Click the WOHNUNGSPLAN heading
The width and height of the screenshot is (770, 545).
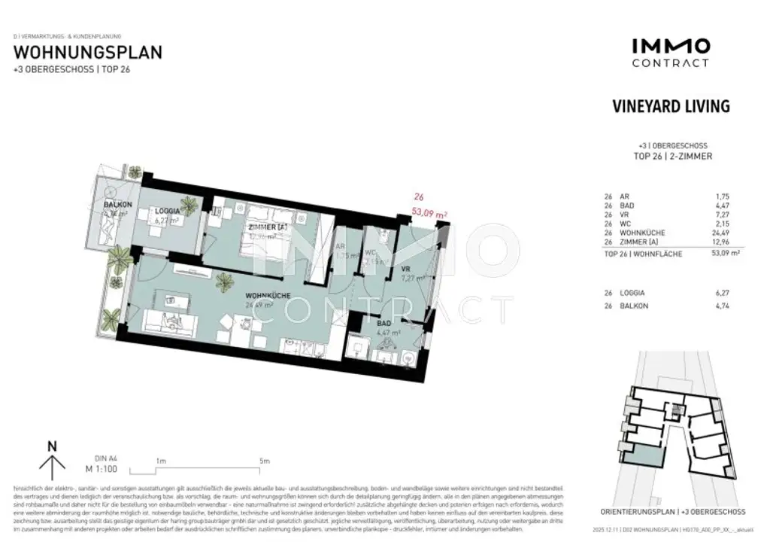tap(88, 53)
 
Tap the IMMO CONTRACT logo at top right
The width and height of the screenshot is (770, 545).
tap(669, 53)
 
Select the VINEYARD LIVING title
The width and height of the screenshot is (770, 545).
tap(671, 106)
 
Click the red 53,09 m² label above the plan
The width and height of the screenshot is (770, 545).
tap(431, 215)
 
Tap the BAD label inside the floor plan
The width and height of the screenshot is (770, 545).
tap(383, 321)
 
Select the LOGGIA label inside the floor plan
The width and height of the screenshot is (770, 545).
tap(167, 212)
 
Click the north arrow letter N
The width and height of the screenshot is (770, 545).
tap(52, 446)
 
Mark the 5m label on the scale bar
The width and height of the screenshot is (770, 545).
tap(263, 460)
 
